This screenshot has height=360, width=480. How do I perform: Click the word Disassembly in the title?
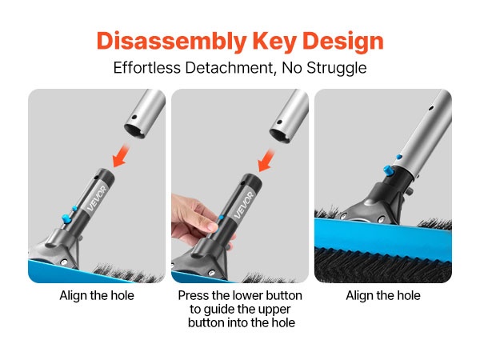[172, 42]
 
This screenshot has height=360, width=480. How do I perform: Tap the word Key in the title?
[274, 42]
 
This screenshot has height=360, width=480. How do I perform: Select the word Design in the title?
[343, 42]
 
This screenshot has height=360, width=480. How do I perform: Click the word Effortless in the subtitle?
[147, 67]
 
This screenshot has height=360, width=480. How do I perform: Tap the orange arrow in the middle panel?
[266, 161]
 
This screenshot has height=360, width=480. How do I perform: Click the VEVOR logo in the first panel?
[97, 199]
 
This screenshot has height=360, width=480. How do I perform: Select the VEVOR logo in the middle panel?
[244, 205]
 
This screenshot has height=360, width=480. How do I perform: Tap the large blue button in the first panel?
[66, 219]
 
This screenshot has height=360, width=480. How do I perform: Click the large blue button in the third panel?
[387, 170]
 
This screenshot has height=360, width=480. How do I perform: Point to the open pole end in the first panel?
[134, 131]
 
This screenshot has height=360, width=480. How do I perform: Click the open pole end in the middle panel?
[279, 136]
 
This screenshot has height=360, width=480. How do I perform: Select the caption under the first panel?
[97, 296]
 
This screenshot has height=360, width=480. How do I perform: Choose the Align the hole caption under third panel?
[383, 296]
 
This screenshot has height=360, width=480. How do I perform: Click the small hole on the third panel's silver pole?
[431, 108]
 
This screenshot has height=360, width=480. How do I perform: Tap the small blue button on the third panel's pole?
[399, 157]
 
